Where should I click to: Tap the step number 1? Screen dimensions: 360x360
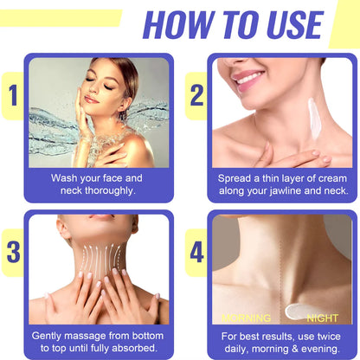click(11, 98)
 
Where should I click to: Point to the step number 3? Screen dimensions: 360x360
click(13, 251)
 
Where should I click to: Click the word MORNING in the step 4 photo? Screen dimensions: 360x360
click(246, 318)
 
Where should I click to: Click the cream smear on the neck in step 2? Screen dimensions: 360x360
click(312, 117)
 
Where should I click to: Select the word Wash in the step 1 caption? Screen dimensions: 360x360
click(66, 177)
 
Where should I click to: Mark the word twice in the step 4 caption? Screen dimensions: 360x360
click(330, 335)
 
